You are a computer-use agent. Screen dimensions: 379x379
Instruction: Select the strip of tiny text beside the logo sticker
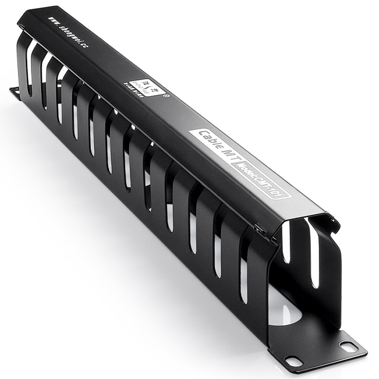coord(129,90)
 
